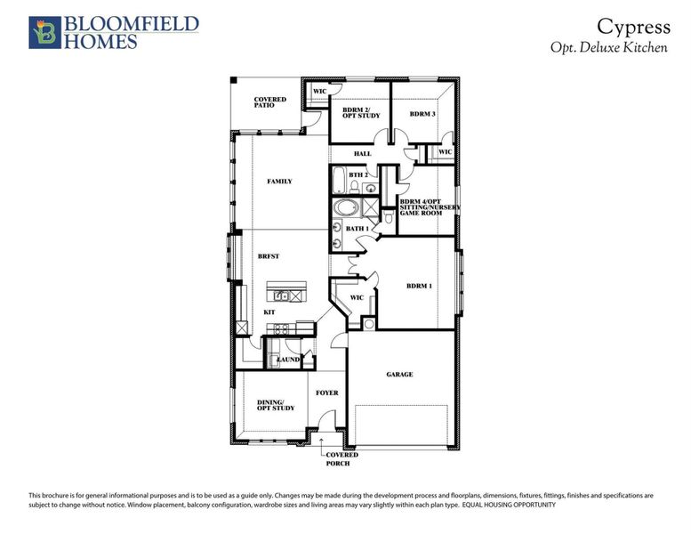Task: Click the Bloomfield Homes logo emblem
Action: click(44, 31)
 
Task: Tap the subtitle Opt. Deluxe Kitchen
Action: click(609, 47)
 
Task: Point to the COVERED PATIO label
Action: click(269, 102)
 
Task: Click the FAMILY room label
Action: click(279, 182)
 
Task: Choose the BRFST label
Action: click(269, 256)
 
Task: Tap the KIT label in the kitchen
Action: click(269, 312)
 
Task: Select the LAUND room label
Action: click(288, 360)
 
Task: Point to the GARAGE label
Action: click(399, 375)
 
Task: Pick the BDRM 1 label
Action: click(419, 286)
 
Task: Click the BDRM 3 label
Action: click(422, 115)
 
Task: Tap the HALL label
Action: click(362, 154)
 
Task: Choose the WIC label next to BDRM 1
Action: click(357, 297)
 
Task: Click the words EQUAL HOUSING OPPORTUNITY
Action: click(509, 505)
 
